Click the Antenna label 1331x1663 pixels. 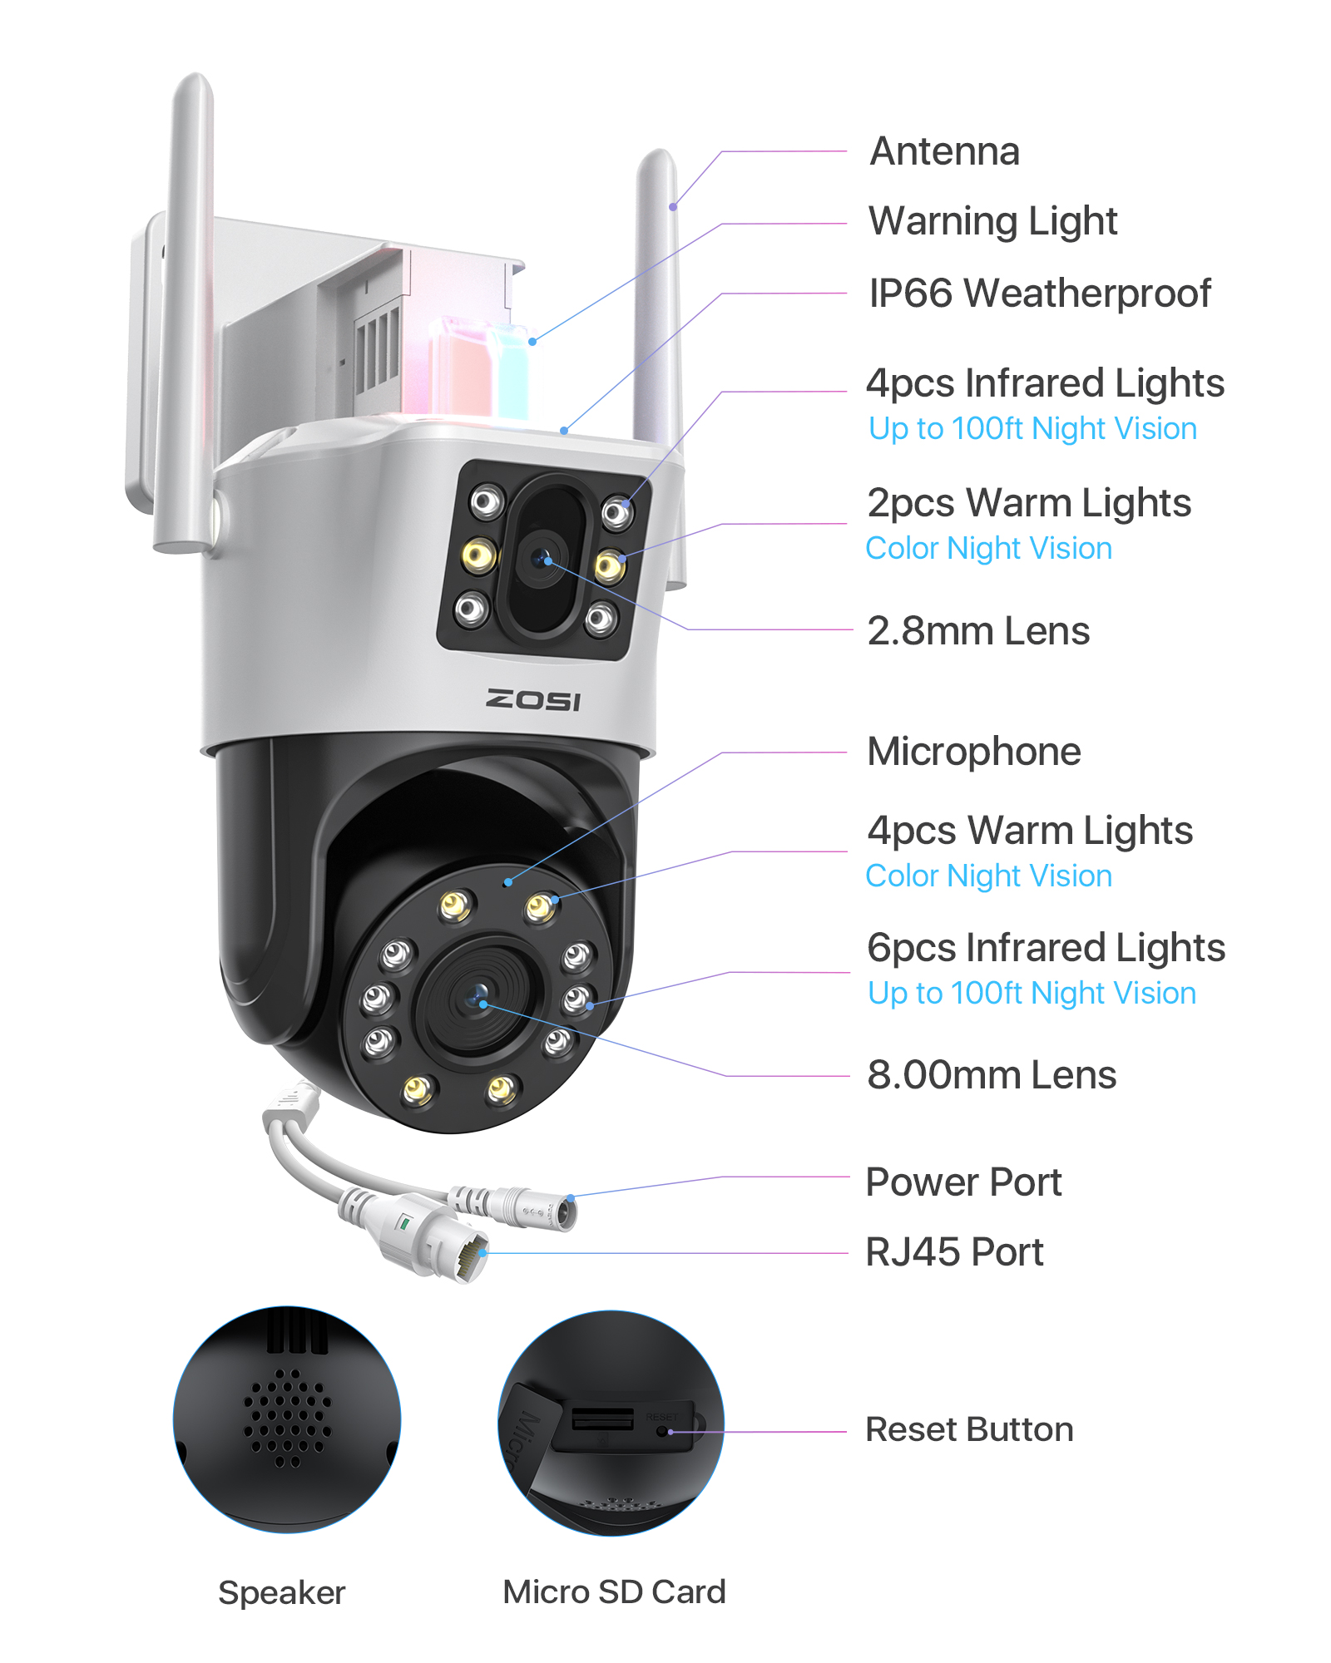(x=944, y=151)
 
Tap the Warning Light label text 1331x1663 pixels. (x=993, y=221)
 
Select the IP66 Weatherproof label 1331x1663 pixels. (x=1040, y=294)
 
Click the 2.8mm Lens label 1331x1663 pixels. (x=978, y=631)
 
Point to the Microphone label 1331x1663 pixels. (x=974, y=752)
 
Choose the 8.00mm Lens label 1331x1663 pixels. (x=992, y=1075)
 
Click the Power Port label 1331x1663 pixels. (x=963, y=1182)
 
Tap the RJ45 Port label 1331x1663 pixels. (x=954, y=1252)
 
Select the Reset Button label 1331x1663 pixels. (x=969, y=1430)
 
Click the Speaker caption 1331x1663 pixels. (x=281, y=1593)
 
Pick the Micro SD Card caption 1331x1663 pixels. (x=614, y=1592)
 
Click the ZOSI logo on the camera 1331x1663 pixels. (x=533, y=700)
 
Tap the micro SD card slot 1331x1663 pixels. (x=602, y=1419)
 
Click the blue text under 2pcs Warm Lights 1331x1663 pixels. (x=988, y=549)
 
